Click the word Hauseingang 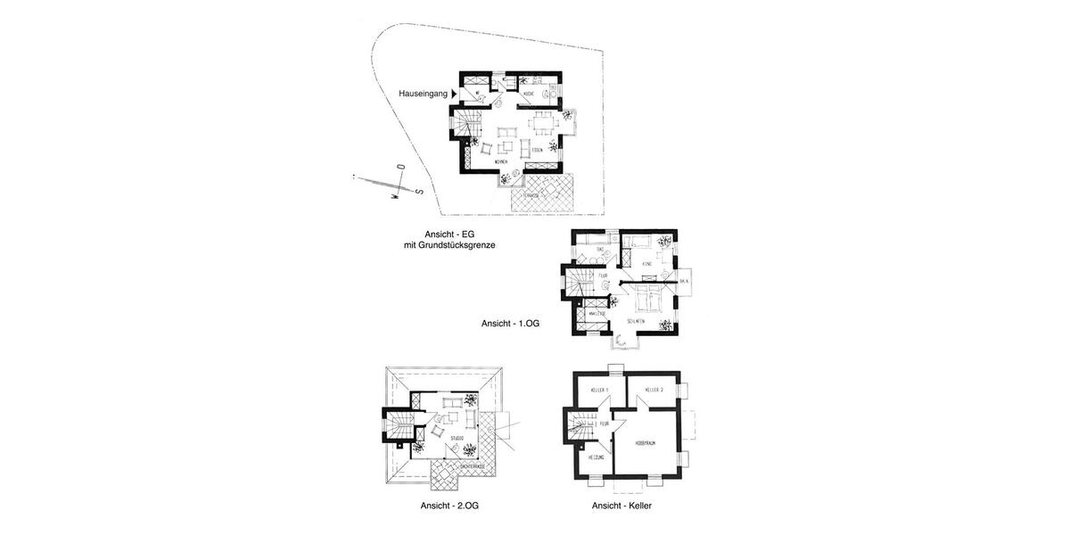[423, 93]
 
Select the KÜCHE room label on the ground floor [529, 93]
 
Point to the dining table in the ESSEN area [542, 119]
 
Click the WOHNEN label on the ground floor [502, 162]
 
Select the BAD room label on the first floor [588, 249]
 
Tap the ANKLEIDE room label [597, 314]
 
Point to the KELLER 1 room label [599, 391]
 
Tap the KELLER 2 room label [656, 391]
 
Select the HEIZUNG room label [597, 457]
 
